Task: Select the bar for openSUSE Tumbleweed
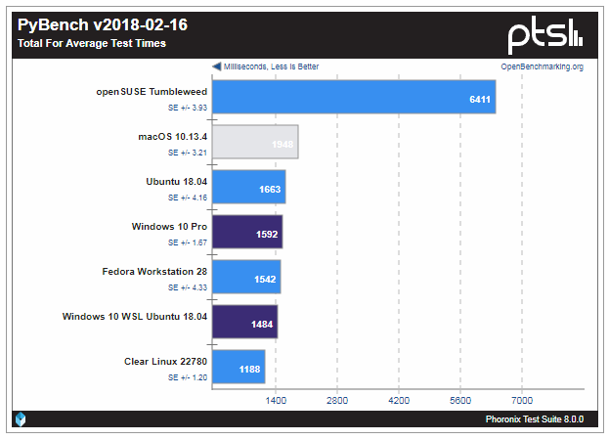click(354, 97)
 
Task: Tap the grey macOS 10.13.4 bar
click(255, 142)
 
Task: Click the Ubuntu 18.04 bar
click(248, 187)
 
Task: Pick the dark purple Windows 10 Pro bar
click(247, 232)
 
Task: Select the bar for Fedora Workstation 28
click(246, 277)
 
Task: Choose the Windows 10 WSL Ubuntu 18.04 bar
click(244, 322)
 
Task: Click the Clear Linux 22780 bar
click(239, 367)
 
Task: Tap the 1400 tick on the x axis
click(275, 400)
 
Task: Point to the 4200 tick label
click(398, 400)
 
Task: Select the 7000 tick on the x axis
click(521, 400)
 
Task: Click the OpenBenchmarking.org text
click(542, 66)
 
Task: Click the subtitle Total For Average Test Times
click(92, 43)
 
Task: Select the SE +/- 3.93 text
click(187, 108)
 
